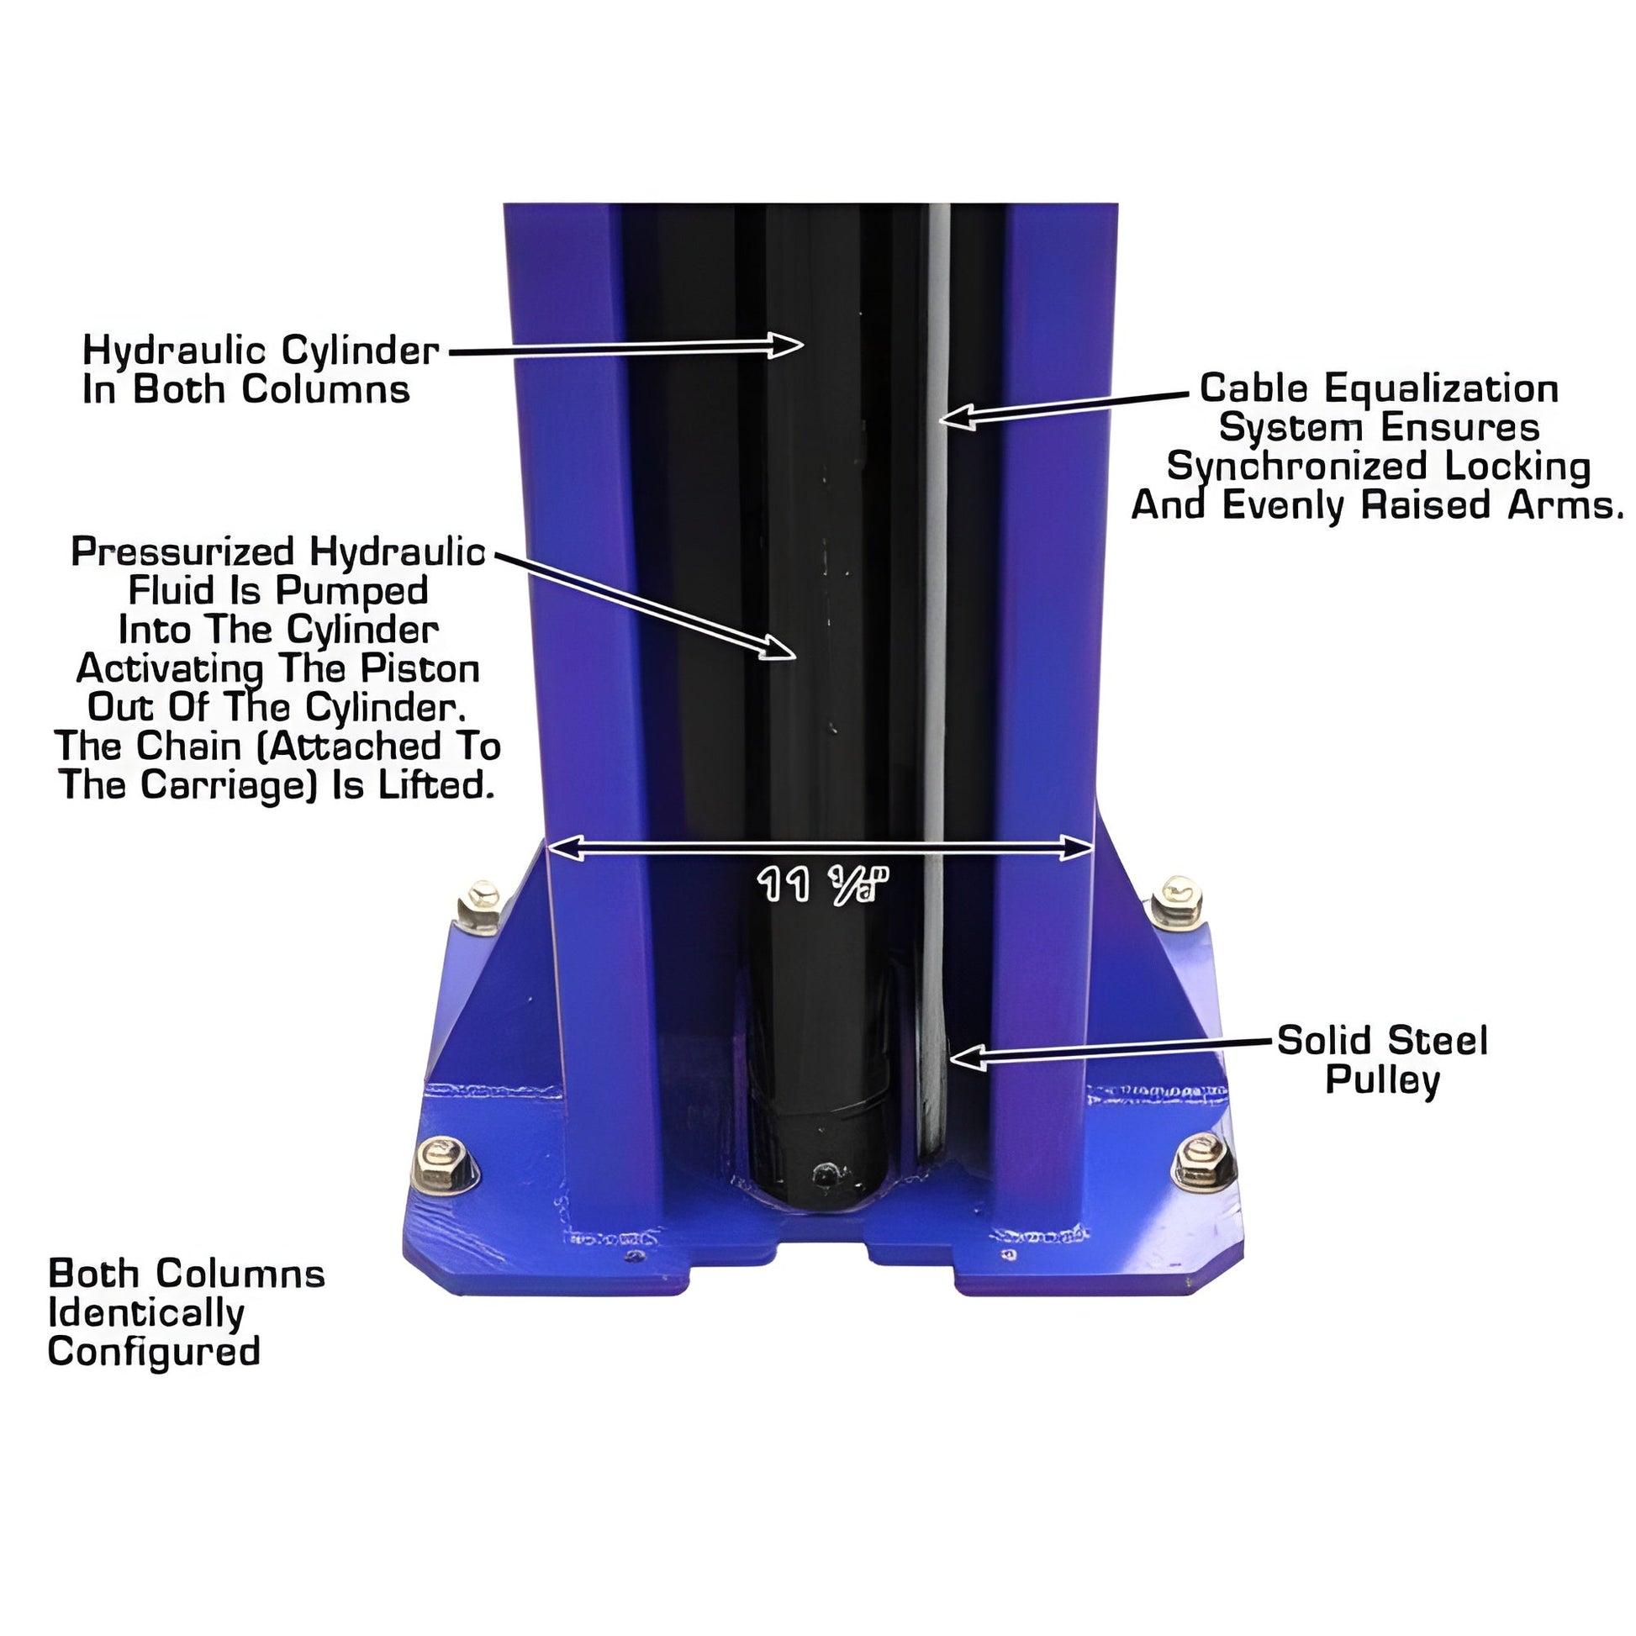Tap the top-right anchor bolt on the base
[x=1177, y=903]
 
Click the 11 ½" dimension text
[x=822, y=885]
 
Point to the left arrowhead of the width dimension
[x=566, y=847]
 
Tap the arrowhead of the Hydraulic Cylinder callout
[x=785, y=345]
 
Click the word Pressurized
[x=182, y=552]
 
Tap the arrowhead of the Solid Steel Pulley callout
[x=968, y=1057]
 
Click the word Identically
[x=146, y=1314]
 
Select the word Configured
[x=154, y=1354]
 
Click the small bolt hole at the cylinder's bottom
[x=824, y=1174]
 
